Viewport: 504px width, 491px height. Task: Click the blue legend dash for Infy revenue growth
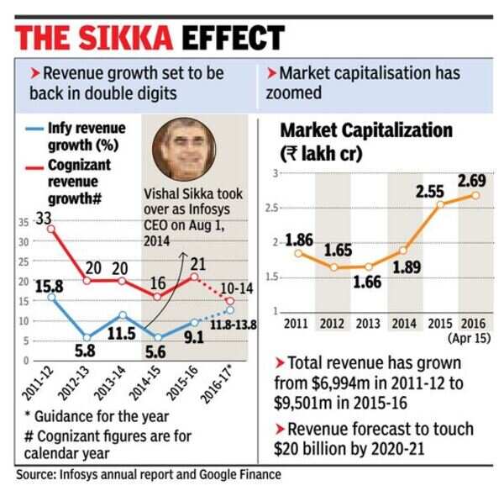[34, 129]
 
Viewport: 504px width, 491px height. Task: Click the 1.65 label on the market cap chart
[338, 250]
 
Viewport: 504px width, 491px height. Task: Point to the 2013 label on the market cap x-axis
[368, 323]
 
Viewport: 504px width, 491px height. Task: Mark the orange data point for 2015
[440, 203]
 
